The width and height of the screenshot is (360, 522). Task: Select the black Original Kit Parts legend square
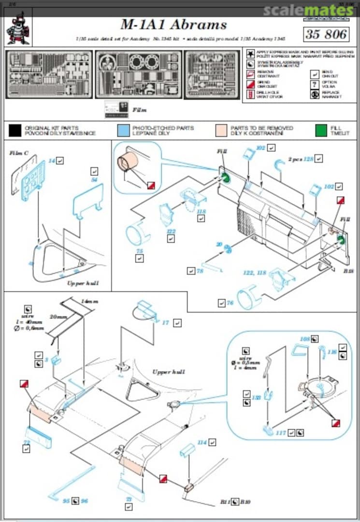(15, 130)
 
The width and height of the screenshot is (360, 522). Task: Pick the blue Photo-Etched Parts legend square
(123, 130)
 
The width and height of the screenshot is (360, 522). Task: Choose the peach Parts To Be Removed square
(221, 130)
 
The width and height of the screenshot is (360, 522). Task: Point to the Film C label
(19, 153)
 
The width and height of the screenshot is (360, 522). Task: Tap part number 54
(95, 179)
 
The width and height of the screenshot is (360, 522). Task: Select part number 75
(139, 250)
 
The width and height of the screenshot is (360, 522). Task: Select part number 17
(166, 322)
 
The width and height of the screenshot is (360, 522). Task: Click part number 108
(304, 339)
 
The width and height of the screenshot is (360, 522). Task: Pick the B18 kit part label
(349, 271)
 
